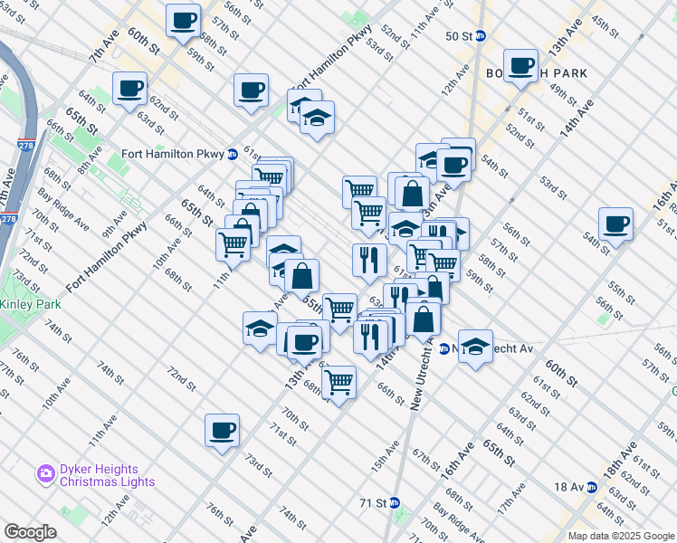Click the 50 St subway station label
pos(460,36)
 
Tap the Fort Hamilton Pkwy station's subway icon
pos(233,154)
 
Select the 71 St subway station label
pos(373,502)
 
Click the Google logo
pos(31,532)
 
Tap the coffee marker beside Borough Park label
pos(521,66)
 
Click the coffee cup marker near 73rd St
pos(221,431)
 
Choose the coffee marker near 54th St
pos(615,224)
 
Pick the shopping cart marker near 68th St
pos(338,383)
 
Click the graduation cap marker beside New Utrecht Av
pos(474,347)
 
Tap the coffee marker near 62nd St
pos(130,90)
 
